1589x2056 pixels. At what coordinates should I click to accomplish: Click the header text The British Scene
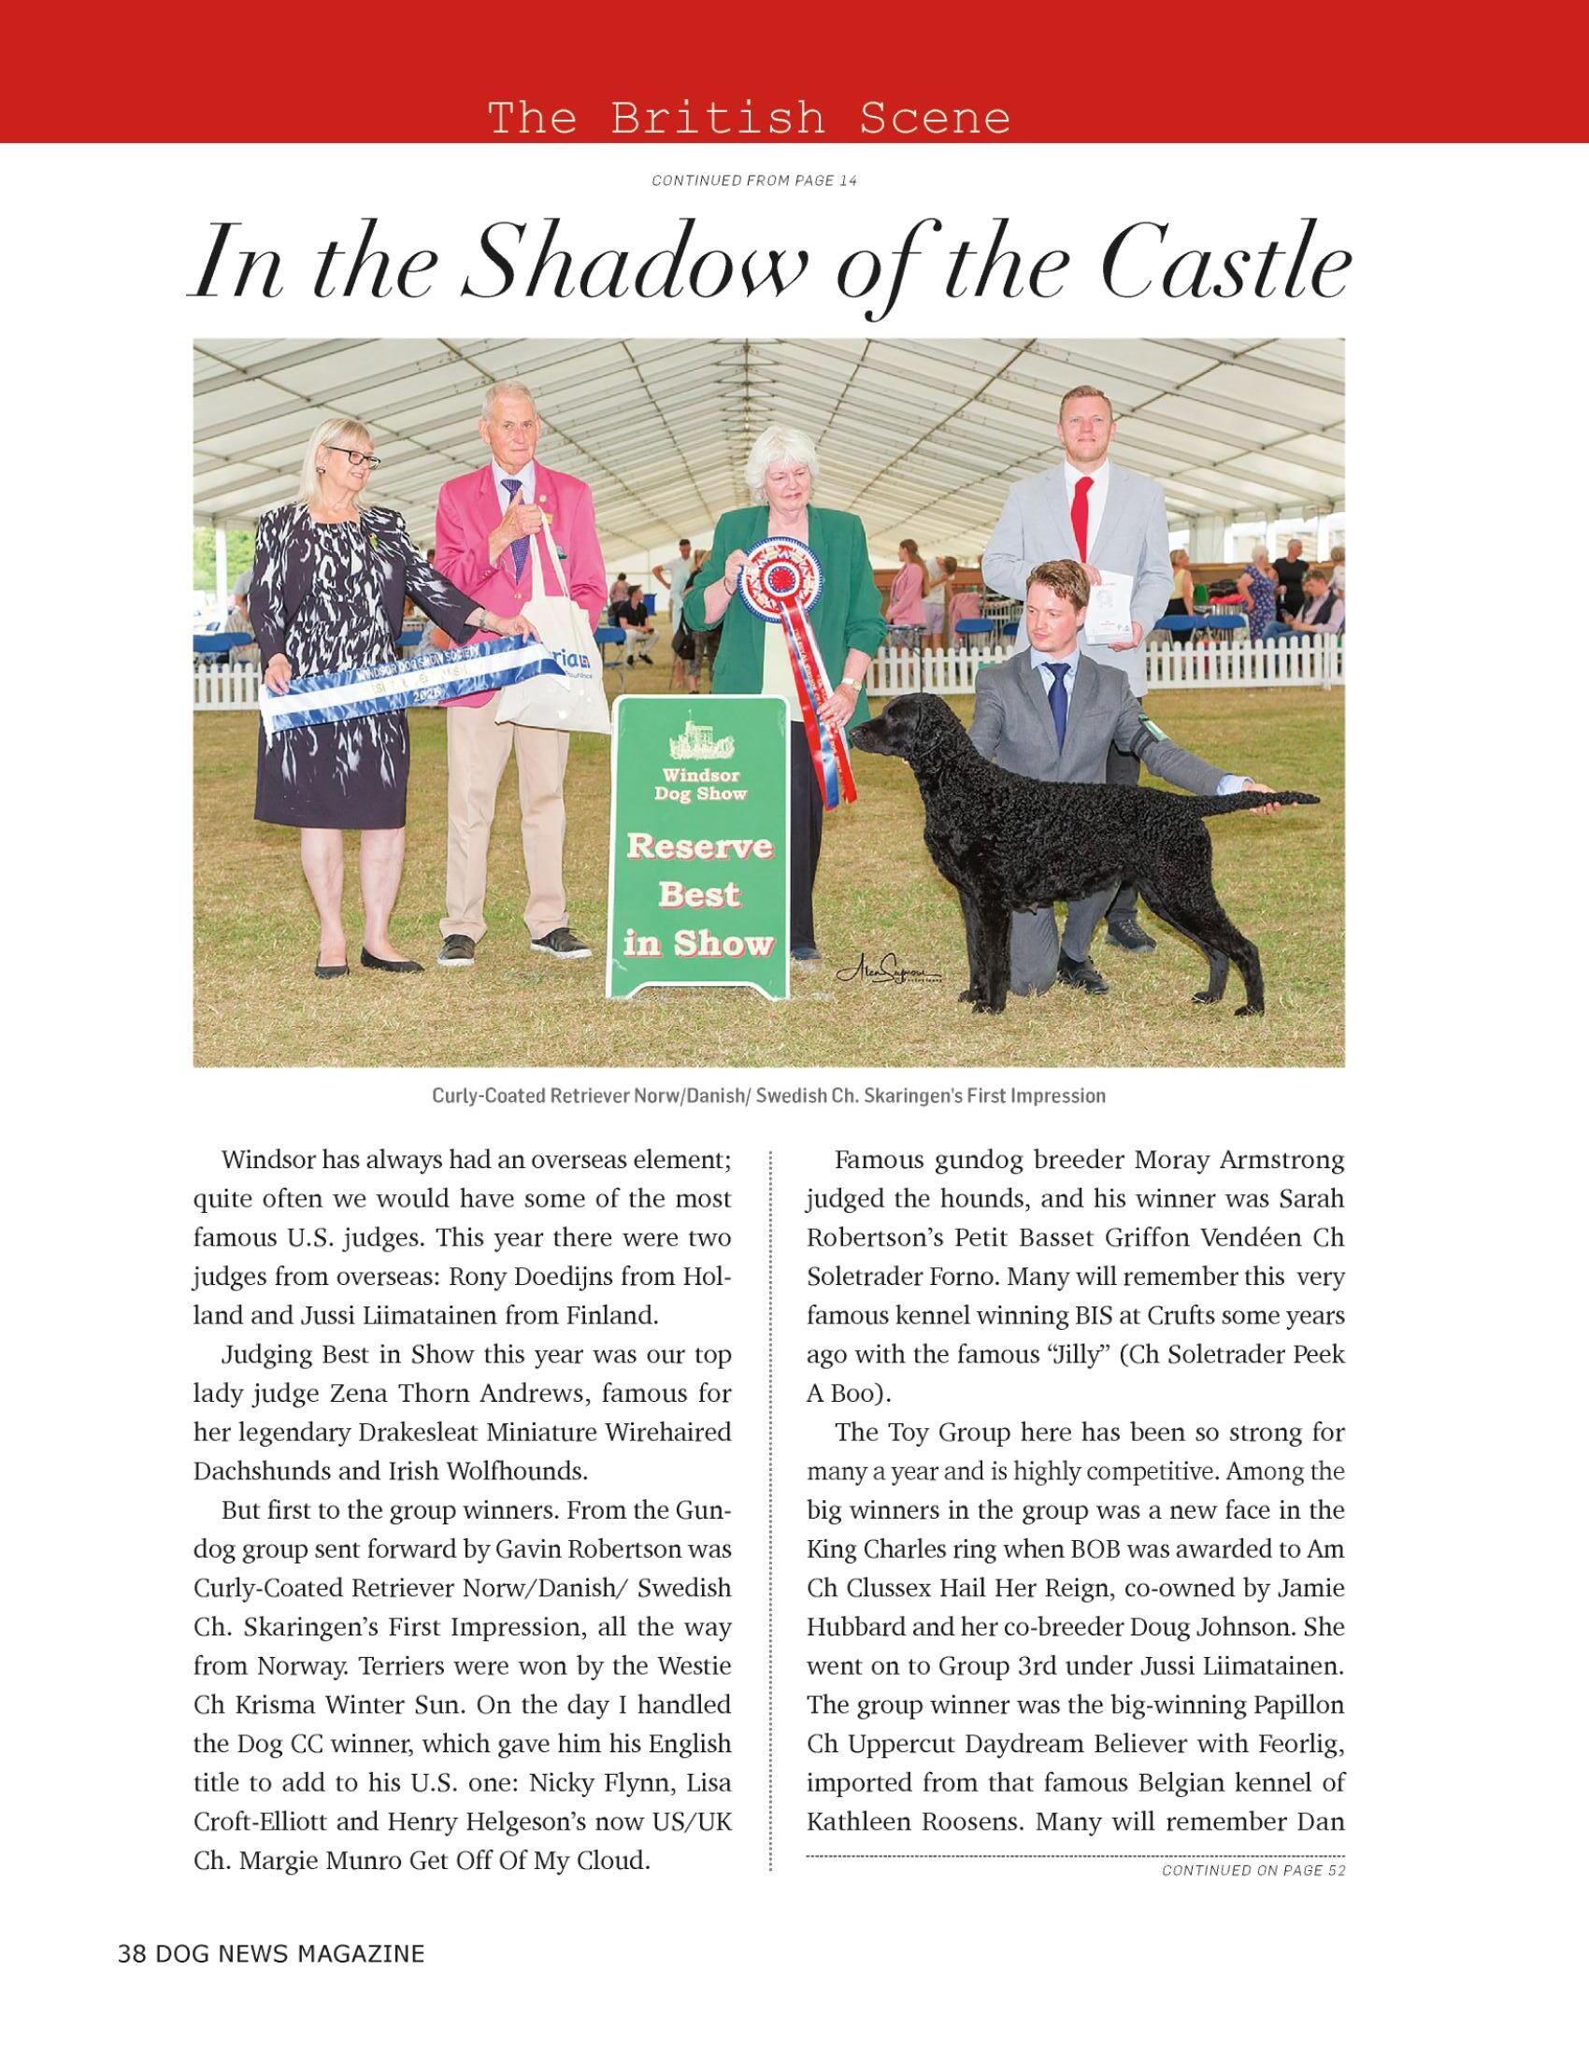[749, 119]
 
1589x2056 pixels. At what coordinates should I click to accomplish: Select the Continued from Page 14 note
[754, 180]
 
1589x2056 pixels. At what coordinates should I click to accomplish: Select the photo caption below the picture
[768, 1096]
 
